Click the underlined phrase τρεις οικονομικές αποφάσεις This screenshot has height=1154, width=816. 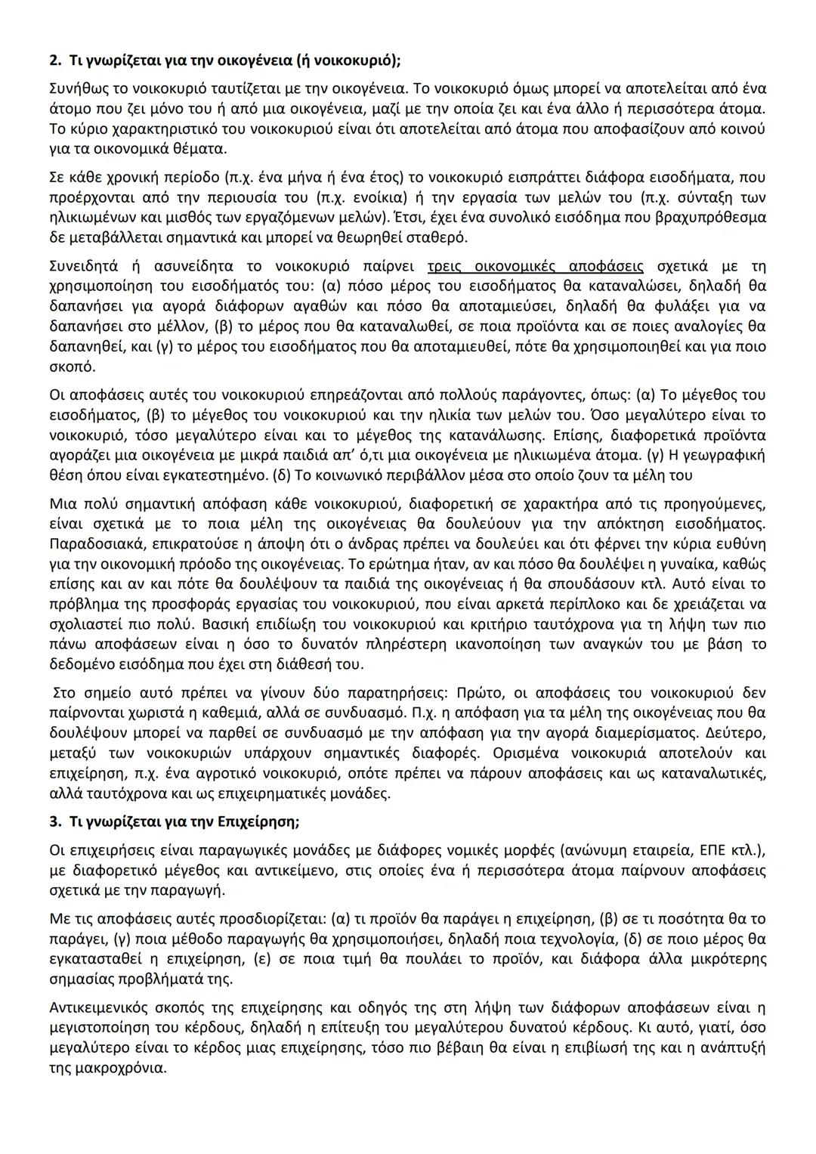coord(535,267)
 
